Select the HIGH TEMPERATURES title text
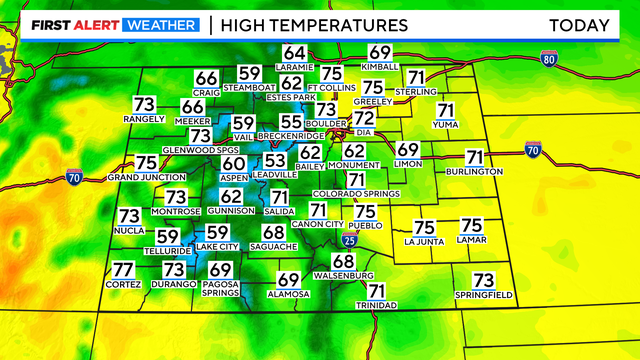(x=314, y=24)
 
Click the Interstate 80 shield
(x=548, y=59)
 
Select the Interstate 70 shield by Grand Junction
(x=73, y=178)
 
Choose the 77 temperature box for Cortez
(x=123, y=270)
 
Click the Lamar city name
(x=472, y=241)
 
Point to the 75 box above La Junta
(x=424, y=228)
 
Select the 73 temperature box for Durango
(x=174, y=269)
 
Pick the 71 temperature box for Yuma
(x=446, y=111)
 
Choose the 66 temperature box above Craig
(x=206, y=79)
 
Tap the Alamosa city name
(x=289, y=294)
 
